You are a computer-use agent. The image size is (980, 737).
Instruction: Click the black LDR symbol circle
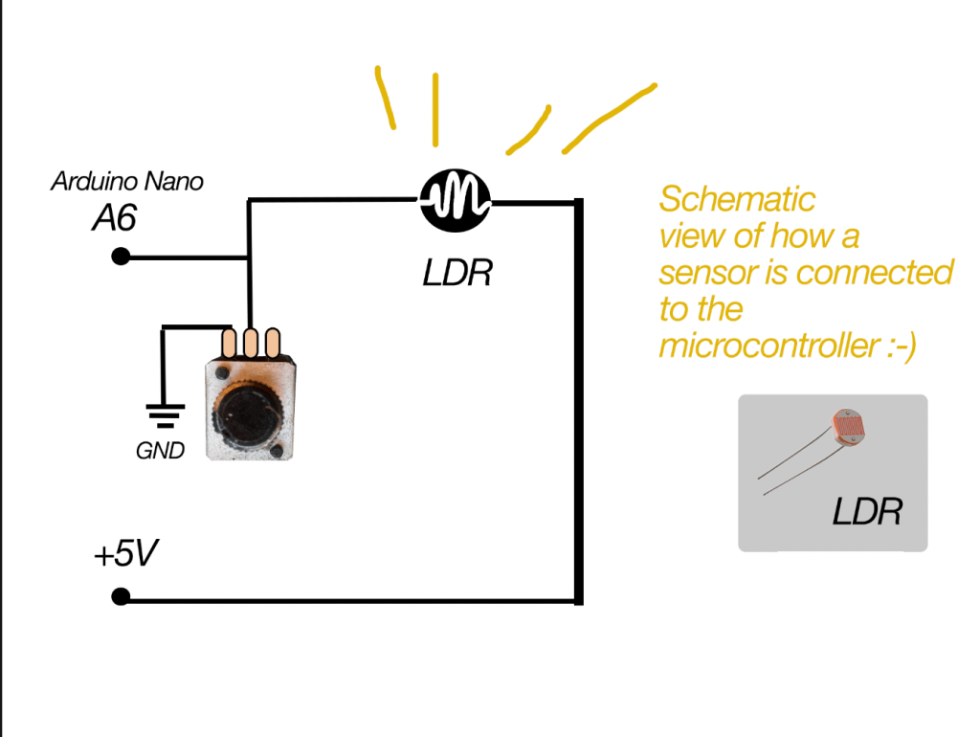click(455, 200)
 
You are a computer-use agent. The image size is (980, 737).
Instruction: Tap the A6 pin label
click(114, 219)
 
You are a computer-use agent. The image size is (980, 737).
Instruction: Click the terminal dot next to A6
click(121, 257)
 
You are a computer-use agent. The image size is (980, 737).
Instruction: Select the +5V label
click(124, 555)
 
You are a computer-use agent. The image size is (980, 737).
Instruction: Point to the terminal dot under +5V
click(121, 597)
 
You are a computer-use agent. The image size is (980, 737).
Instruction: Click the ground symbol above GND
click(164, 414)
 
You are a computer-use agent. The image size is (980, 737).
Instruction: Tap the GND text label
click(160, 450)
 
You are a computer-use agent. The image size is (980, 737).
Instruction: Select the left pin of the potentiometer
click(229, 343)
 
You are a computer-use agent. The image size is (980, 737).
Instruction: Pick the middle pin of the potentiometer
click(251, 343)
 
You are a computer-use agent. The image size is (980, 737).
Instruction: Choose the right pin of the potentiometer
click(273, 343)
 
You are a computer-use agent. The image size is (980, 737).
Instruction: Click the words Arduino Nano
click(126, 181)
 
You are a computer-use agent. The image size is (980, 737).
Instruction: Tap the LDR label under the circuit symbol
click(457, 274)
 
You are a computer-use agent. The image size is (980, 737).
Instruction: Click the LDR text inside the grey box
click(866, 511)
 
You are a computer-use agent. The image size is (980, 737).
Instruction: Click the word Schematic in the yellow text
click(737, 199)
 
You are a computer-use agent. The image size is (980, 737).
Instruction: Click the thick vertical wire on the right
click(578, 402)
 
